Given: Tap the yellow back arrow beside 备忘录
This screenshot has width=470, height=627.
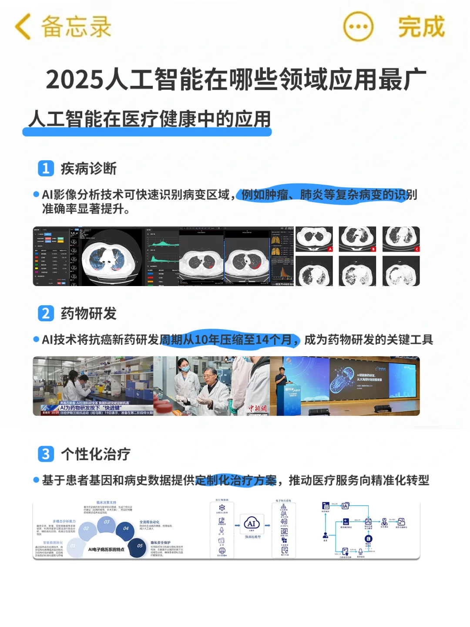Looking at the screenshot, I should (x=23, y=27).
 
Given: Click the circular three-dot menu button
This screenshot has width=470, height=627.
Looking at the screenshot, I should (x=358, y=27).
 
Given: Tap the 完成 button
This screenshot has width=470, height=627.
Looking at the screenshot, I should (x=421, y=27).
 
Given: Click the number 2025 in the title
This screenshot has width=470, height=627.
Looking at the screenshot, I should (x=75, y=80).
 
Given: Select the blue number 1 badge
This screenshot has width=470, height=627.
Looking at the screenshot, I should (x=46, y=169).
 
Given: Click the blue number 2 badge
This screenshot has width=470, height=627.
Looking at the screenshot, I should (x=46, y=313).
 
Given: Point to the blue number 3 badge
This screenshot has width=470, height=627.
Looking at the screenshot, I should (x=46, y=454).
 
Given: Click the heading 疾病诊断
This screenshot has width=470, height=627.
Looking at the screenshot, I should (x=89, y=169).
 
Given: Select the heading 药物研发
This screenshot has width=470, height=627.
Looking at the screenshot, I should (x=89, y=313).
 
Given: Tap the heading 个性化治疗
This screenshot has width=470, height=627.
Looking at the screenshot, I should (x=96, y=454).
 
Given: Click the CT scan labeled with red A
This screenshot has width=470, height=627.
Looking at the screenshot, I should (x=314, y=239).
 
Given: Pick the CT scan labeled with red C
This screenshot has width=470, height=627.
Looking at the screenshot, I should (x=401, y=239).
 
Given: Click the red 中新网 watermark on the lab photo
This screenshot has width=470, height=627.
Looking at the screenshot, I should (x=258, y=408).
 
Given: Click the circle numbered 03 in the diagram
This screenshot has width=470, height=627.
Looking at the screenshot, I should (x=107, y=522).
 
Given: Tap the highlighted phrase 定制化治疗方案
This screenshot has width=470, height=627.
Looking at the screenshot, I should (x=236, y=480).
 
